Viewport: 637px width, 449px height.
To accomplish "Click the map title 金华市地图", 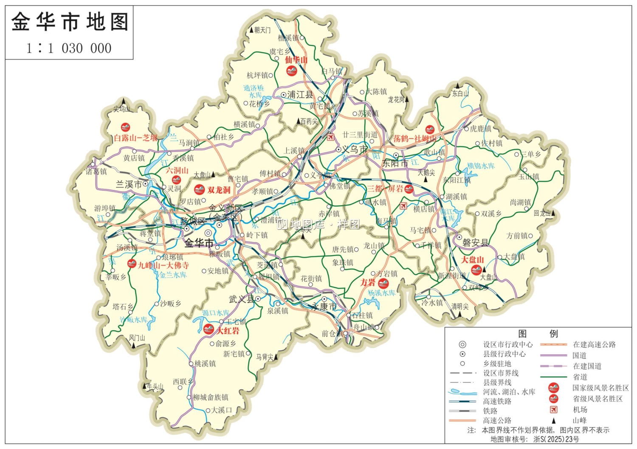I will (69, 22).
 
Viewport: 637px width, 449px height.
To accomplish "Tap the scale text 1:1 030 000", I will (69, 48).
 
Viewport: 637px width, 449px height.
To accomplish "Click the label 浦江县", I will (300, 95).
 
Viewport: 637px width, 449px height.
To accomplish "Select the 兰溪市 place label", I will (129, 185).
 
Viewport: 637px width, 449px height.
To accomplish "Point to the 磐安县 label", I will (475, 243).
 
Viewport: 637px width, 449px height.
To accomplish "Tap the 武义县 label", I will (241, 299).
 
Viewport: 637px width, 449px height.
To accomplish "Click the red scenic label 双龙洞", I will (219, 190).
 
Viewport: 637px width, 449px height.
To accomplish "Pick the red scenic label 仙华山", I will (296, 60).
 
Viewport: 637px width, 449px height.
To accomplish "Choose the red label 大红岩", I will (228, 331).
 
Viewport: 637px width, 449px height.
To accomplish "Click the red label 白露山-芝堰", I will (135, 138).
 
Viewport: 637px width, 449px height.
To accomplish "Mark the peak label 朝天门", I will (262, 30).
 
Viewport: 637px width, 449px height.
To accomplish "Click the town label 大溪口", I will (222, 410).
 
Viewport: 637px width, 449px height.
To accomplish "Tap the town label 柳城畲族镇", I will (211, 397).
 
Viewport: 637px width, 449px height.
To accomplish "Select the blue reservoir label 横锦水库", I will (481, 166).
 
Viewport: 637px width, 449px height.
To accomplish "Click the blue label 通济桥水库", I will (254, 91).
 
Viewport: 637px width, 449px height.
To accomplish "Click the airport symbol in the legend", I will (553, 409).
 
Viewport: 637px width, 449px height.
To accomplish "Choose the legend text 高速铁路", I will (497, 401).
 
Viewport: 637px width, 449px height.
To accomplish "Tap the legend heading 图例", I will (538, 334).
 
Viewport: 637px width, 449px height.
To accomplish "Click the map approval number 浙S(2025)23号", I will (556, 439).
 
